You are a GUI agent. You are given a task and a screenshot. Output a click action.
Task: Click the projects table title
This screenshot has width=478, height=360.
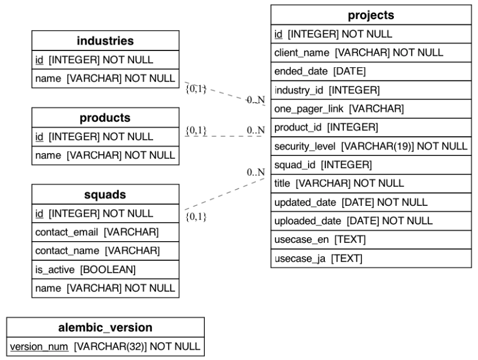[371, 15]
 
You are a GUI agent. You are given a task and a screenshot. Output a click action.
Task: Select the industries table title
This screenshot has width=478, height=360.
[105, 41]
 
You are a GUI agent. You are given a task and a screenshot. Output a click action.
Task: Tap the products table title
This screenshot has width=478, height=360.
[105, 118]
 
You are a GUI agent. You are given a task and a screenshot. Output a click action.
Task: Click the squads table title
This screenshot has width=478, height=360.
[105, 194]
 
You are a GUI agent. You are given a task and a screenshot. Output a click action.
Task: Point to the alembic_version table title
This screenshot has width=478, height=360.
[105, 328]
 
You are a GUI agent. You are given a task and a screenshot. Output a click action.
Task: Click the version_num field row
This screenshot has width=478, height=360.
[105, 347]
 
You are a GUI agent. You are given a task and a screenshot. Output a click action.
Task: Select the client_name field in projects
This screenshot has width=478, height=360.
[358, 53]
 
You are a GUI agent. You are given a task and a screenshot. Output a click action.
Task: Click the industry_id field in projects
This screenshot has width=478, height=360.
[327, 90]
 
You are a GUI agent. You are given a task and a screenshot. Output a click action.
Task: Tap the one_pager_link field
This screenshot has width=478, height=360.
[339, 108]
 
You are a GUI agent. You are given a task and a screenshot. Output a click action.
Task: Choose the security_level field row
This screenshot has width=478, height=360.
[370, 146]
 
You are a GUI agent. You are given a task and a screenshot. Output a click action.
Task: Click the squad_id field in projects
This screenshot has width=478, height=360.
[323, 165]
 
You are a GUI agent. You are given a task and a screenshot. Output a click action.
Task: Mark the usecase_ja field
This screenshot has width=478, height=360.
[318, 258]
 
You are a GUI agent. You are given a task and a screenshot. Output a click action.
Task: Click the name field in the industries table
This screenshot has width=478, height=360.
[105, 79]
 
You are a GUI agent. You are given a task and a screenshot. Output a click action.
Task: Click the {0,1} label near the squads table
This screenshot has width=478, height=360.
[196, 217]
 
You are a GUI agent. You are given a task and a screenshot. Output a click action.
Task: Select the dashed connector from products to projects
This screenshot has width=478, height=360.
[226, 137]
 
